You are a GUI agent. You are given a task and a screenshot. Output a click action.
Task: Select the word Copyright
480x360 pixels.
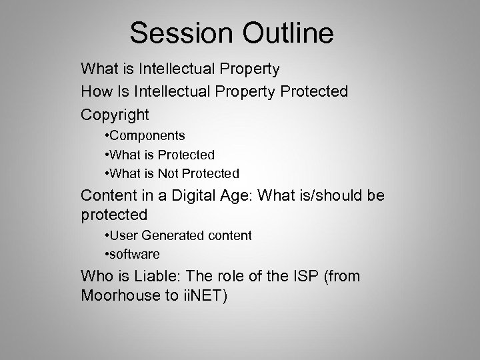pyautogui.click(x=115, y=115)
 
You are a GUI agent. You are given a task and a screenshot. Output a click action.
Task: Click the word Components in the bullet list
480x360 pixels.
pyautogui.click(x=148, y=136)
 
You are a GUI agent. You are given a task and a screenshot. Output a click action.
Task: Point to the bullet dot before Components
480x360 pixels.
pyautogui.click(x=107, y=136)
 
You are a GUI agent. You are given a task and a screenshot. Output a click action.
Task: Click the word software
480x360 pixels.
pyautogui.click(x=135, y=254)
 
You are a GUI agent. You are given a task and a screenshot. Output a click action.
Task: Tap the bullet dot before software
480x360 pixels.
pyautogui.click(x=107, y=254)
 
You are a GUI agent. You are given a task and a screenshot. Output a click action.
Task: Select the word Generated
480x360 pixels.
pyautogui.click(x=170, y=235)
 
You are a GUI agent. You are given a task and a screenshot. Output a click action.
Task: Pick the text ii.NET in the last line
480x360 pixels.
pyautogui.click(x=204, y=295)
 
